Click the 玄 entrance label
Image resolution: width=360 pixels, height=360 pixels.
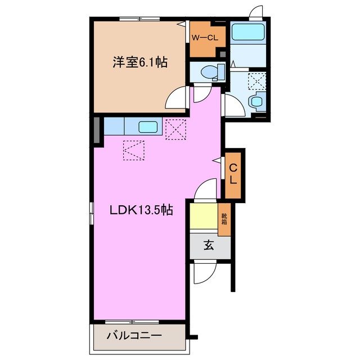(209, 245)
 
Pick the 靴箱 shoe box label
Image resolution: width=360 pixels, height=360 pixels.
(224, 219)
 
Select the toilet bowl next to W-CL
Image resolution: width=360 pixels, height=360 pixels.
(210, 71)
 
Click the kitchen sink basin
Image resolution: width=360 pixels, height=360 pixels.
(148, 127)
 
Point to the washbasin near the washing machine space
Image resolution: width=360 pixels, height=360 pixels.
(257, 102)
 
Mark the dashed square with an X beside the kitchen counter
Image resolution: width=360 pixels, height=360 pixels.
(175, 129)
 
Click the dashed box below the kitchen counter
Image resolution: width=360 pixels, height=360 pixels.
(134, 150)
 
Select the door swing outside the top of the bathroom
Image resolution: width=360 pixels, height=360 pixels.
(256, 12)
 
